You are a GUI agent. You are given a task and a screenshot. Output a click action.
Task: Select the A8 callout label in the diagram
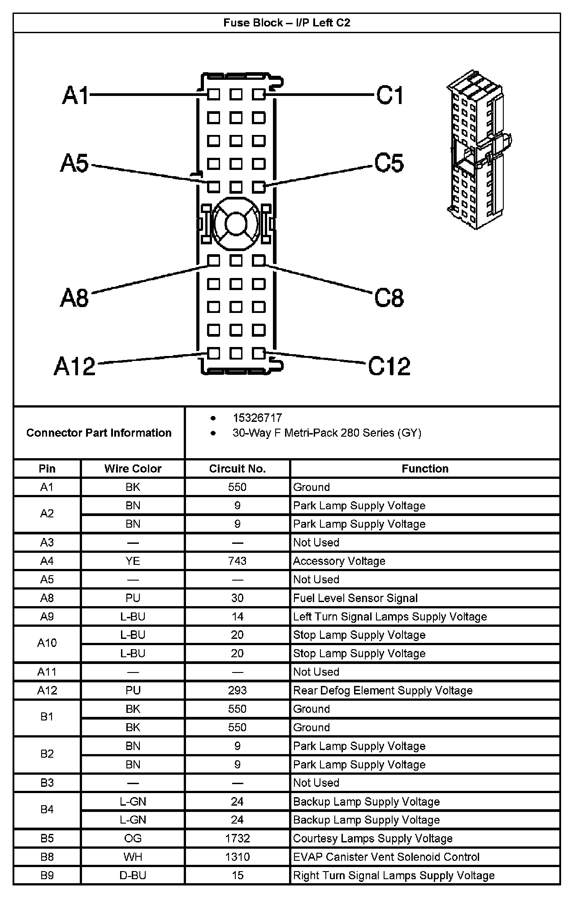(x=75, y=297)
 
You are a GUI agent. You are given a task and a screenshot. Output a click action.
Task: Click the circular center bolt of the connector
(x=236, y=223)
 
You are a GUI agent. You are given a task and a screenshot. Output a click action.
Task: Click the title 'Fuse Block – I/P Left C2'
(x=287, y=23)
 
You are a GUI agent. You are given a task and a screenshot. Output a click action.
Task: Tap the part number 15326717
(x=257, y=418)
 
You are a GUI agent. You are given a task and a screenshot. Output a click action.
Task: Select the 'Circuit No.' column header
(x=237, y=469)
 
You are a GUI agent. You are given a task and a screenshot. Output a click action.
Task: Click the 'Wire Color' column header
(x=133, y=469)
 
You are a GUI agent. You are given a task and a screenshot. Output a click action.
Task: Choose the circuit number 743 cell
(x=237, y=561)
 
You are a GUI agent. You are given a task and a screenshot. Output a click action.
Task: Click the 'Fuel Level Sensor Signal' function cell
(x=355, y=598)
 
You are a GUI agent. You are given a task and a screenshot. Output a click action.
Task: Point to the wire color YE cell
(x=133, y=561)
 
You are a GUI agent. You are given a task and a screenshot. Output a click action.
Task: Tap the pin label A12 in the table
(x=47, y=690)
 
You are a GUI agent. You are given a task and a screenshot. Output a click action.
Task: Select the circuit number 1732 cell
(x=237, y=838)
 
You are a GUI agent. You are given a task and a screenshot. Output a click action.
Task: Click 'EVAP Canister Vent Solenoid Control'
(x=386, y=857)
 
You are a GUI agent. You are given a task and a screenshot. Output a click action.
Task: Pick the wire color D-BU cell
(x=133, y=875)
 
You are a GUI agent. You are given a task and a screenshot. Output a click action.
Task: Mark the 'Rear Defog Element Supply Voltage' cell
(x=383, y=690)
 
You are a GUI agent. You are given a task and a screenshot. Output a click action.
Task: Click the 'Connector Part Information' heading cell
(x=99, y=433)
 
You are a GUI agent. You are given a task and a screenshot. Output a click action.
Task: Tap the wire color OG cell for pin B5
(x=133, y=838)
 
